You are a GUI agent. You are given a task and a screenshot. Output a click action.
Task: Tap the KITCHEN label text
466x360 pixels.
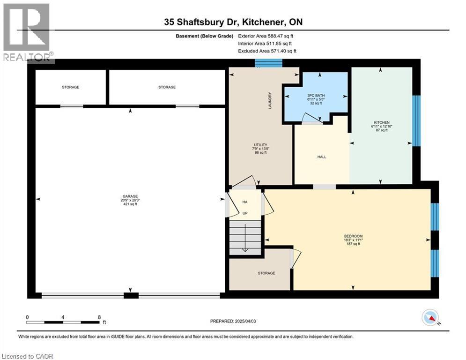(x=382, y=123)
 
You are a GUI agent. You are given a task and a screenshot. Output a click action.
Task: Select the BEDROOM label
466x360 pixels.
(x=353, y=236)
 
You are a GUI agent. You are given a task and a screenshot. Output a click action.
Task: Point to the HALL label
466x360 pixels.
(x=322, y=157)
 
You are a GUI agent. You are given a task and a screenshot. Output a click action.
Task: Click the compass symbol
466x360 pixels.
(x=429, y=318)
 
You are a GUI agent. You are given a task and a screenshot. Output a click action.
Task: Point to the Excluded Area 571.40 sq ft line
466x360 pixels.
(x=267, y=51)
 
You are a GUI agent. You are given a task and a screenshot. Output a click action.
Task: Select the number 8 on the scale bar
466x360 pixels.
(x=99, y=317)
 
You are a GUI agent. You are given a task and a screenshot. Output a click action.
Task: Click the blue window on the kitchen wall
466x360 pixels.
(x=416, y=120)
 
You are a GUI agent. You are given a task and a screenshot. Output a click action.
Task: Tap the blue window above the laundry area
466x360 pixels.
(x=269, y=63)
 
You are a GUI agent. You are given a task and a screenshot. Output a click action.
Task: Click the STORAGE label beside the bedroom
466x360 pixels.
(x=266, y=273)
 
